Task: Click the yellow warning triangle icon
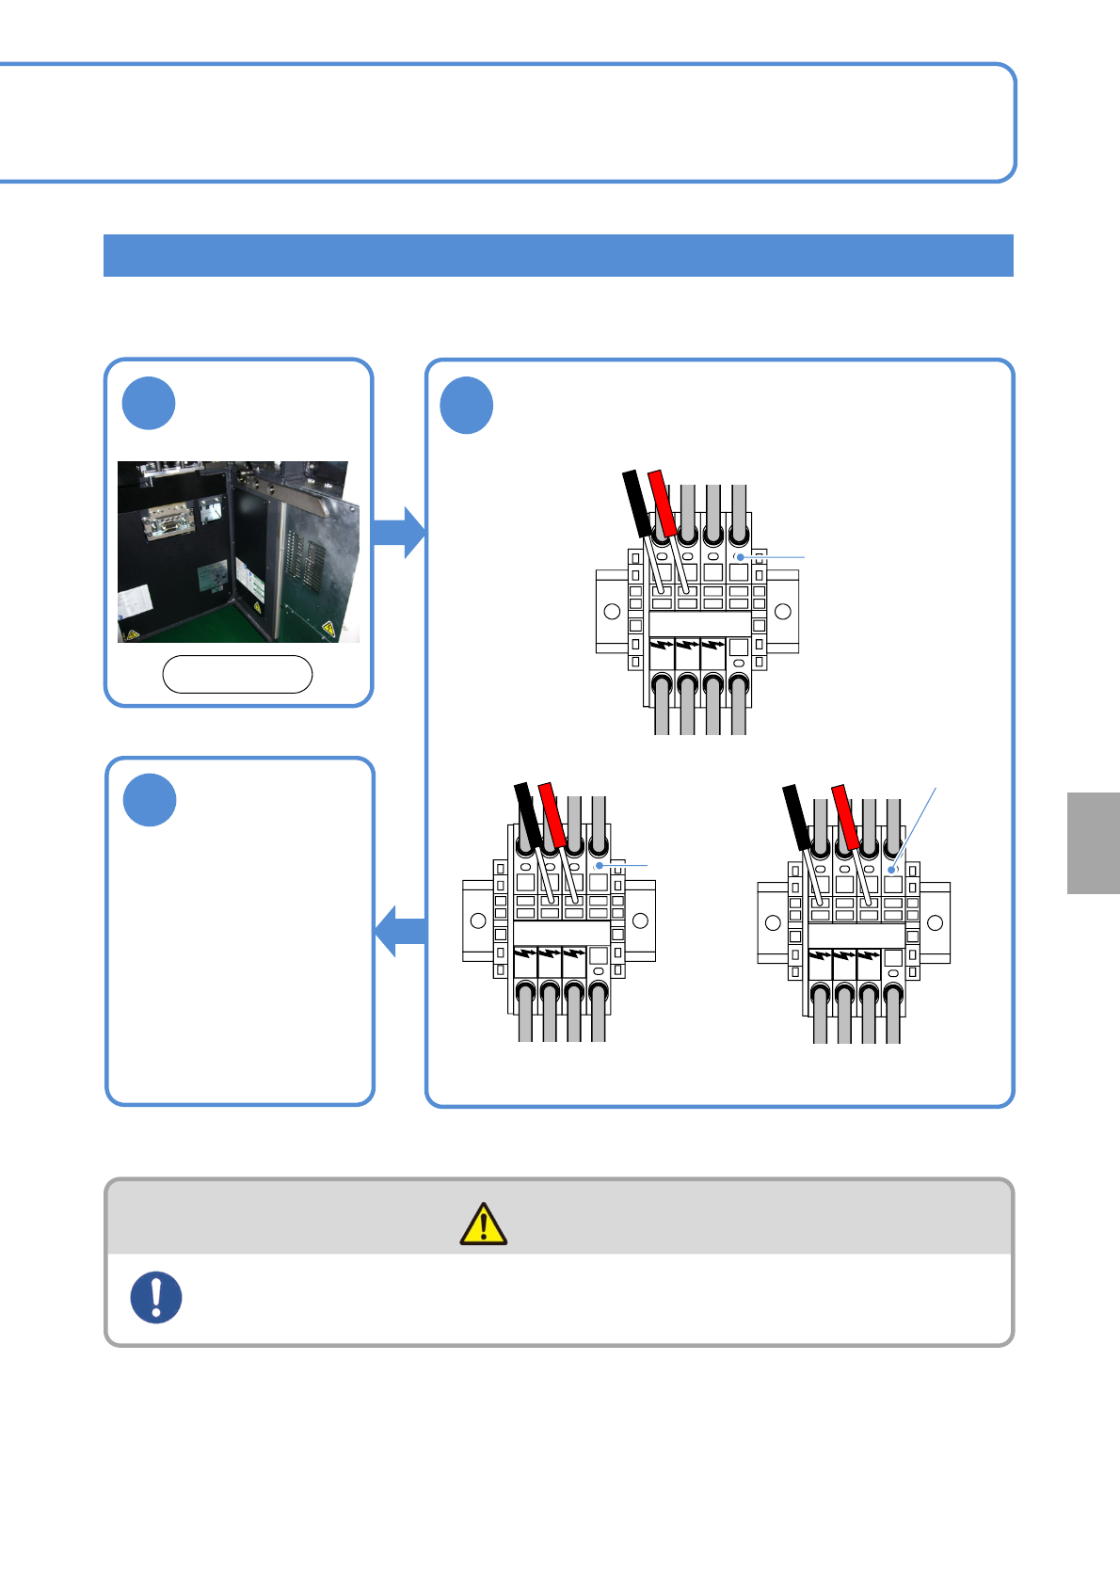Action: tap(483, 1224)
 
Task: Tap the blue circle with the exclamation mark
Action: tap(156, 1297)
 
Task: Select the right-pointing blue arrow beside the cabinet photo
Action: tap(399, 532)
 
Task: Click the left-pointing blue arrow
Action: tap(401, 931)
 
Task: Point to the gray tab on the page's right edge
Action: tap(1094, 842)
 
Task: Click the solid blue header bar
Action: tap(558, 255)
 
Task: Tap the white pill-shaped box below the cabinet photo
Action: tap(237, 674)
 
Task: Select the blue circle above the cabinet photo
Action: tap(149, 403)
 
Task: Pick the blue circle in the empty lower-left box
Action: tap(150, 800)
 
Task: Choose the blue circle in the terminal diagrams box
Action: tap(467, 405)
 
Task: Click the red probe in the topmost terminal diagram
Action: tap(664, 502)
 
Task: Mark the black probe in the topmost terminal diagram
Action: tap(637, 503)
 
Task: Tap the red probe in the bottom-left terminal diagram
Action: tap(552, 813)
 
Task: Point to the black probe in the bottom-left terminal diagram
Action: tap(528, 813)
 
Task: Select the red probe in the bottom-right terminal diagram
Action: tap(846, 816)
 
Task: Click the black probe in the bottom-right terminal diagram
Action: tap(796, 816)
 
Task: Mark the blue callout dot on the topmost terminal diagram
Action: tap(741, 557)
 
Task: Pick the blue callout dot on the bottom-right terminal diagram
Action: tap(891, 870)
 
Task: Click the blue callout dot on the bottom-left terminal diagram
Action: tap(599, 865)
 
